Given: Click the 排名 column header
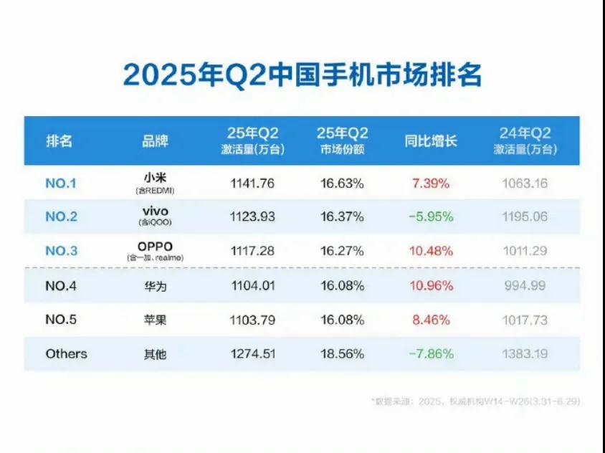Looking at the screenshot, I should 59,140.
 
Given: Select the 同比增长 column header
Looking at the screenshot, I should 430,140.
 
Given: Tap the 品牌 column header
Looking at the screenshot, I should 155,140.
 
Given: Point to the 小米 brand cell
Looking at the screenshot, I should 155,179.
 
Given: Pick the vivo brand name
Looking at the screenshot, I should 155,212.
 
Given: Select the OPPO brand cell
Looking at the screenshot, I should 155,247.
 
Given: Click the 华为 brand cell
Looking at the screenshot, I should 155,286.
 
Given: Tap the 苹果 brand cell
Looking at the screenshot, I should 155,320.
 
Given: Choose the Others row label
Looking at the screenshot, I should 66,354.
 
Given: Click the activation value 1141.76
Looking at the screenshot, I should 252,183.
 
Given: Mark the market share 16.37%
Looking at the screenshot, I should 342,217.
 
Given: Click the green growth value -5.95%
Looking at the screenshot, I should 430,217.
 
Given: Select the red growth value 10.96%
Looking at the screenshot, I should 430,286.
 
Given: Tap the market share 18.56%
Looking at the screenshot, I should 342,354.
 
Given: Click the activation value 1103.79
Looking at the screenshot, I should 252,320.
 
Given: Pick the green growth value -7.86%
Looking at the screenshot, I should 430,354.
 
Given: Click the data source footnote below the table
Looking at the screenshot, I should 476,401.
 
